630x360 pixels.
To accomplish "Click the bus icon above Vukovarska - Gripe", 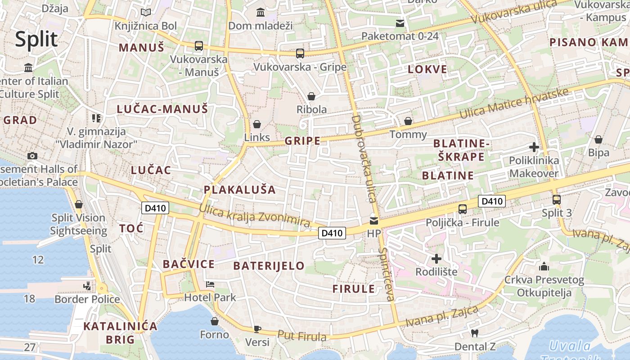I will (x=300, y=54).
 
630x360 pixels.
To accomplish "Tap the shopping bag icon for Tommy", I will (x=408, y=121).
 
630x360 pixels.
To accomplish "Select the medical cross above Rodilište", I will (x=436, y=259).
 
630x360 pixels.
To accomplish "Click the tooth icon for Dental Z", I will (x=474, y=333).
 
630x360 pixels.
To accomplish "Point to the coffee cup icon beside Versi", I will (x=257, y=329).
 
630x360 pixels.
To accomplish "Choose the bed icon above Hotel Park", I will (x=210, y=284).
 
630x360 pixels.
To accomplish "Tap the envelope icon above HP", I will (x=374, y=220).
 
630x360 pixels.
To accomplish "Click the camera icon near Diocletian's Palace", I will (x=32, y=156).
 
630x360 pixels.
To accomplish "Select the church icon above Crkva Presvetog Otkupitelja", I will (x=544, y=266).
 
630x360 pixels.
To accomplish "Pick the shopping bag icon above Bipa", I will (x=598, y=139).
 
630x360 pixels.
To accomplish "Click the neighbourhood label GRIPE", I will (x=303, y=141).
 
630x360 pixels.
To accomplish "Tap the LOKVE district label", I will (x=427, y=69).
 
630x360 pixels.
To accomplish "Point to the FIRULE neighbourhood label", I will (x=354, y=289).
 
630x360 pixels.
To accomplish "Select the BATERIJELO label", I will (x=269, y=265).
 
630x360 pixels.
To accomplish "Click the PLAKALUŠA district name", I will (x=239, y=189).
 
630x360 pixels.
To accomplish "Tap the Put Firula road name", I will (x=301, y=336).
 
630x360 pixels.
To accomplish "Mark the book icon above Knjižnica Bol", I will (x=146, y=13).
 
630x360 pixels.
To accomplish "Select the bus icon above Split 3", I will (x=557, y=199).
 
